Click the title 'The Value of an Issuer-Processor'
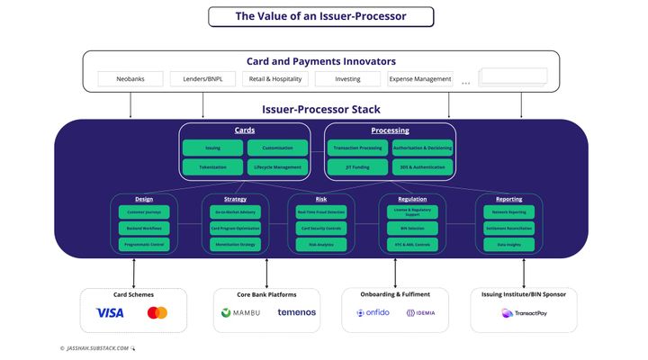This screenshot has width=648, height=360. pyautogui.click(x=321, y=16)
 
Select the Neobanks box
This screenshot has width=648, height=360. pyautogui.click(x=130, y=79)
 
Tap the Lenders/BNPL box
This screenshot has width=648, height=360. pyautogui.click(x=202, y=79)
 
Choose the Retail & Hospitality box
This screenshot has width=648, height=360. pyautogui.click(x=274, y=79)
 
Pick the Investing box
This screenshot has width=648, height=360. pyautogui.click(x=347, y=79)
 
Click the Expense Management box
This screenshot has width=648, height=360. pyautogui.click(x=420, y=79)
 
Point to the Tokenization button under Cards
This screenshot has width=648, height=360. pyautogui.click(x=212, y=167)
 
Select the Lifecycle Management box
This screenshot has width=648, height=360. pyautogui.click(x=277, y=167)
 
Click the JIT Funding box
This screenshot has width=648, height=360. pyautogui.click(x=358, y=167)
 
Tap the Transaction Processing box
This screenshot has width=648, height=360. pyautogui.click(x=358, y=148)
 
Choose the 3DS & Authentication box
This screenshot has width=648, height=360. pyautogui.click(x=422, y=167)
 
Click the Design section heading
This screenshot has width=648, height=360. pyautogui.click(x=144, y=199)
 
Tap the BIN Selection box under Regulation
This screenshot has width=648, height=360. pyautogui.click(x=411, y=229)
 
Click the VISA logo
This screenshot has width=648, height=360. pyautogui.click(x=110, y=313)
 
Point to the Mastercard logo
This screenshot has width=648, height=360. pyautogui.click(x=157, y=313)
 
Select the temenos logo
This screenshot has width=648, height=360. pyautogui.click(x=296, y=313)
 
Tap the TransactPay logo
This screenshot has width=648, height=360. pyautogui.click(x=524, y=313)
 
